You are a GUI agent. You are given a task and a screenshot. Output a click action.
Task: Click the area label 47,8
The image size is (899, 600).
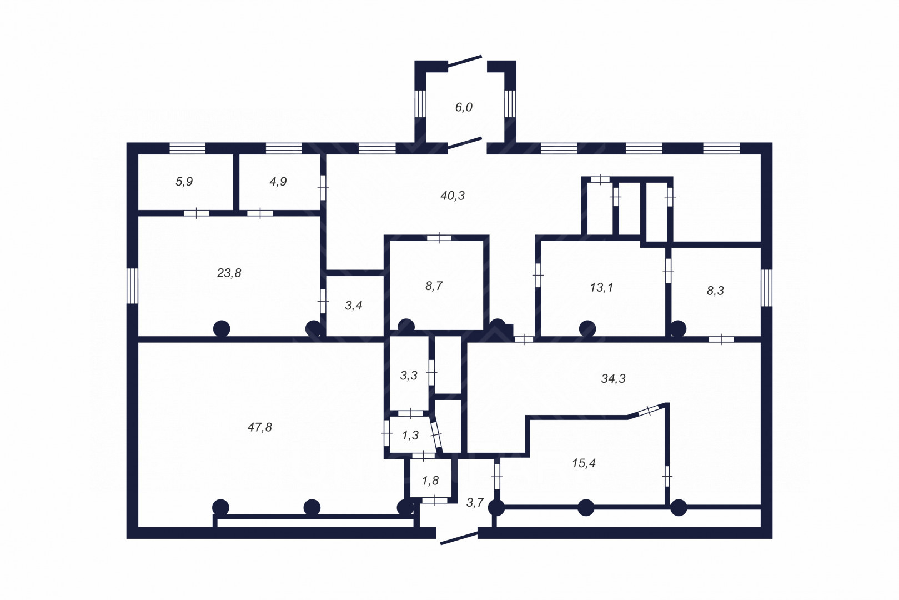(260, 427)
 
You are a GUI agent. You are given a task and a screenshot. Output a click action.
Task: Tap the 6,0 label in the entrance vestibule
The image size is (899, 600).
(464, 107)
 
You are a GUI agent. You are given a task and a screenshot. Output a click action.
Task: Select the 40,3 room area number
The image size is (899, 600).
(453, 196)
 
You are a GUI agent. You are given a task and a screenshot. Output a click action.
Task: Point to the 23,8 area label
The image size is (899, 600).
(229, 273)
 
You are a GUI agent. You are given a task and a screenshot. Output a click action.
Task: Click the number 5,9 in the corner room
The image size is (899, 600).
(184, 182)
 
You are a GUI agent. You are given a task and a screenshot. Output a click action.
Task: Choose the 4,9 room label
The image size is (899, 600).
(278, 182)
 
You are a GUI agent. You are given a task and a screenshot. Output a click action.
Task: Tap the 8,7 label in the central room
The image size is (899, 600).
(434, 286)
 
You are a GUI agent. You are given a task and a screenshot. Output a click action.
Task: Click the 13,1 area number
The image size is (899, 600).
(601, 287)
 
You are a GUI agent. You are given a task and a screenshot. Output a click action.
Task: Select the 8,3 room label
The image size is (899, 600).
(715, 291)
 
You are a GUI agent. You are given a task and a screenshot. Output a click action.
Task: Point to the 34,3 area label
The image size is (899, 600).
(613, 378)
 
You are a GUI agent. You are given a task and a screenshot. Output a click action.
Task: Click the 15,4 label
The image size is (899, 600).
(584, 463)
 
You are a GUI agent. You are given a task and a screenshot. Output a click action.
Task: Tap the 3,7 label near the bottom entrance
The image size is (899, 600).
(475, 502)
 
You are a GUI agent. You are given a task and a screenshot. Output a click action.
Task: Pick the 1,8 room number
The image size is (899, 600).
(430, 481)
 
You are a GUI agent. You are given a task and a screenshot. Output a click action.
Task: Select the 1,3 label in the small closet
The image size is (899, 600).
(410, 435)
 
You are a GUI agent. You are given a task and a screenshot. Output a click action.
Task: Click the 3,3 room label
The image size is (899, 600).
(409, 376)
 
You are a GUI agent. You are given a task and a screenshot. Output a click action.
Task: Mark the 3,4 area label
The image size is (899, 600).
(354, 306)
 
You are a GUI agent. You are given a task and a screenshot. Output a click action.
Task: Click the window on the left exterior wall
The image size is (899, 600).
(133, 286)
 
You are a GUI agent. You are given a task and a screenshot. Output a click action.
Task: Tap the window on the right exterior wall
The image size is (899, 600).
(766, 288)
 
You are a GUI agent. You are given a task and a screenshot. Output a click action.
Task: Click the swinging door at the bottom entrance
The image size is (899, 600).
(459, 538)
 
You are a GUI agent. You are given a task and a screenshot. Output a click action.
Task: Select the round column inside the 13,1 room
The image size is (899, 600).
(587, 328)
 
